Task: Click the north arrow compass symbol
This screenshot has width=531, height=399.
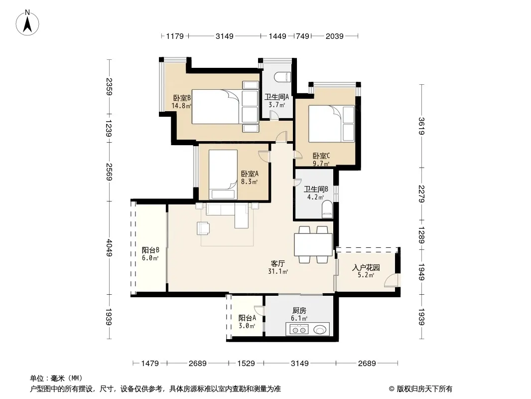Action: pos(27,23)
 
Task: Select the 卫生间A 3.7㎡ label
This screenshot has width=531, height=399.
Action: pos(276,101)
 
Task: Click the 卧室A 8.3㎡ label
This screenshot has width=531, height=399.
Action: pos(250,177)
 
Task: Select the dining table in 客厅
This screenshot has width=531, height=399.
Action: pos(313,244)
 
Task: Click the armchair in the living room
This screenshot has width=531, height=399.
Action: pos(203,228)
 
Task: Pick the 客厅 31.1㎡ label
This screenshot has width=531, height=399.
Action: pos(278,267)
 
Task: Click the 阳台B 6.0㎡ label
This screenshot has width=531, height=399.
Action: pos(150,254)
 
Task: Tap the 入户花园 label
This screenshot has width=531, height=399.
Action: pos(366,267)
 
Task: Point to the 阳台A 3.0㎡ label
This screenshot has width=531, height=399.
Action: pos(247,322)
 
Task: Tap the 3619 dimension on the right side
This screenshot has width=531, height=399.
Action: pos(421,126)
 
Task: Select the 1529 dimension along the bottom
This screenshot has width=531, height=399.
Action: pos(246,364)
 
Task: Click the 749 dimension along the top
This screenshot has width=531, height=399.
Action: pos(302,36)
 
